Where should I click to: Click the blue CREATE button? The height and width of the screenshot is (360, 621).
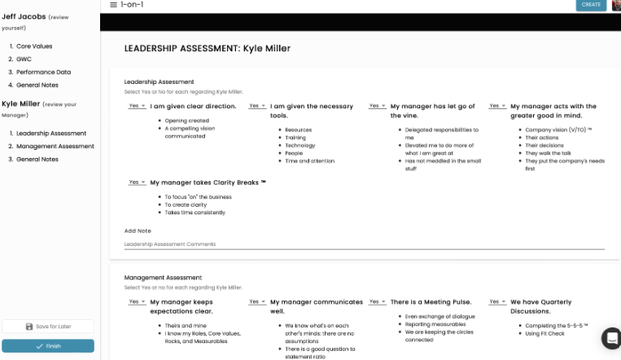click(591, 5)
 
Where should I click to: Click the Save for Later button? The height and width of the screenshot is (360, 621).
click(48, 327)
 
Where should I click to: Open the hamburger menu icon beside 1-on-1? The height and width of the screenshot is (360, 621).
click(113, 5)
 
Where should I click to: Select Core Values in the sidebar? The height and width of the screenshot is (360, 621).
click(34, 46)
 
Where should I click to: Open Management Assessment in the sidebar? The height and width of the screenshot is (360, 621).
click(55, 146)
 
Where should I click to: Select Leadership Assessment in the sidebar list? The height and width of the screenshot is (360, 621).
click(51, 133)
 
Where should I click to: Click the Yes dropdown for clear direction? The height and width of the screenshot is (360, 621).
click(135, 106)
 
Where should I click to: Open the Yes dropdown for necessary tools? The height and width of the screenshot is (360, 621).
click(256, 106)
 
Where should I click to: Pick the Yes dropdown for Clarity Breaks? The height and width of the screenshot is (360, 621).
click(135, 182)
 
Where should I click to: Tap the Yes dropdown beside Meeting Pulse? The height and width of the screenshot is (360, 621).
click(376, 301)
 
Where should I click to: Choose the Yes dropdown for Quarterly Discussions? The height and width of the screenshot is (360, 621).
click(496, 301)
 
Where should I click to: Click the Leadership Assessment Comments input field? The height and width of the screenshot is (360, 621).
click(364, 244)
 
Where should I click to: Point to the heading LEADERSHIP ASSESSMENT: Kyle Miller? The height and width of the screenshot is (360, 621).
click(207, 49)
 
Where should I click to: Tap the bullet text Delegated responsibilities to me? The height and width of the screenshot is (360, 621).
click(442, 134)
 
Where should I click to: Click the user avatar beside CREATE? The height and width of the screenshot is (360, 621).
click(616, 5)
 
